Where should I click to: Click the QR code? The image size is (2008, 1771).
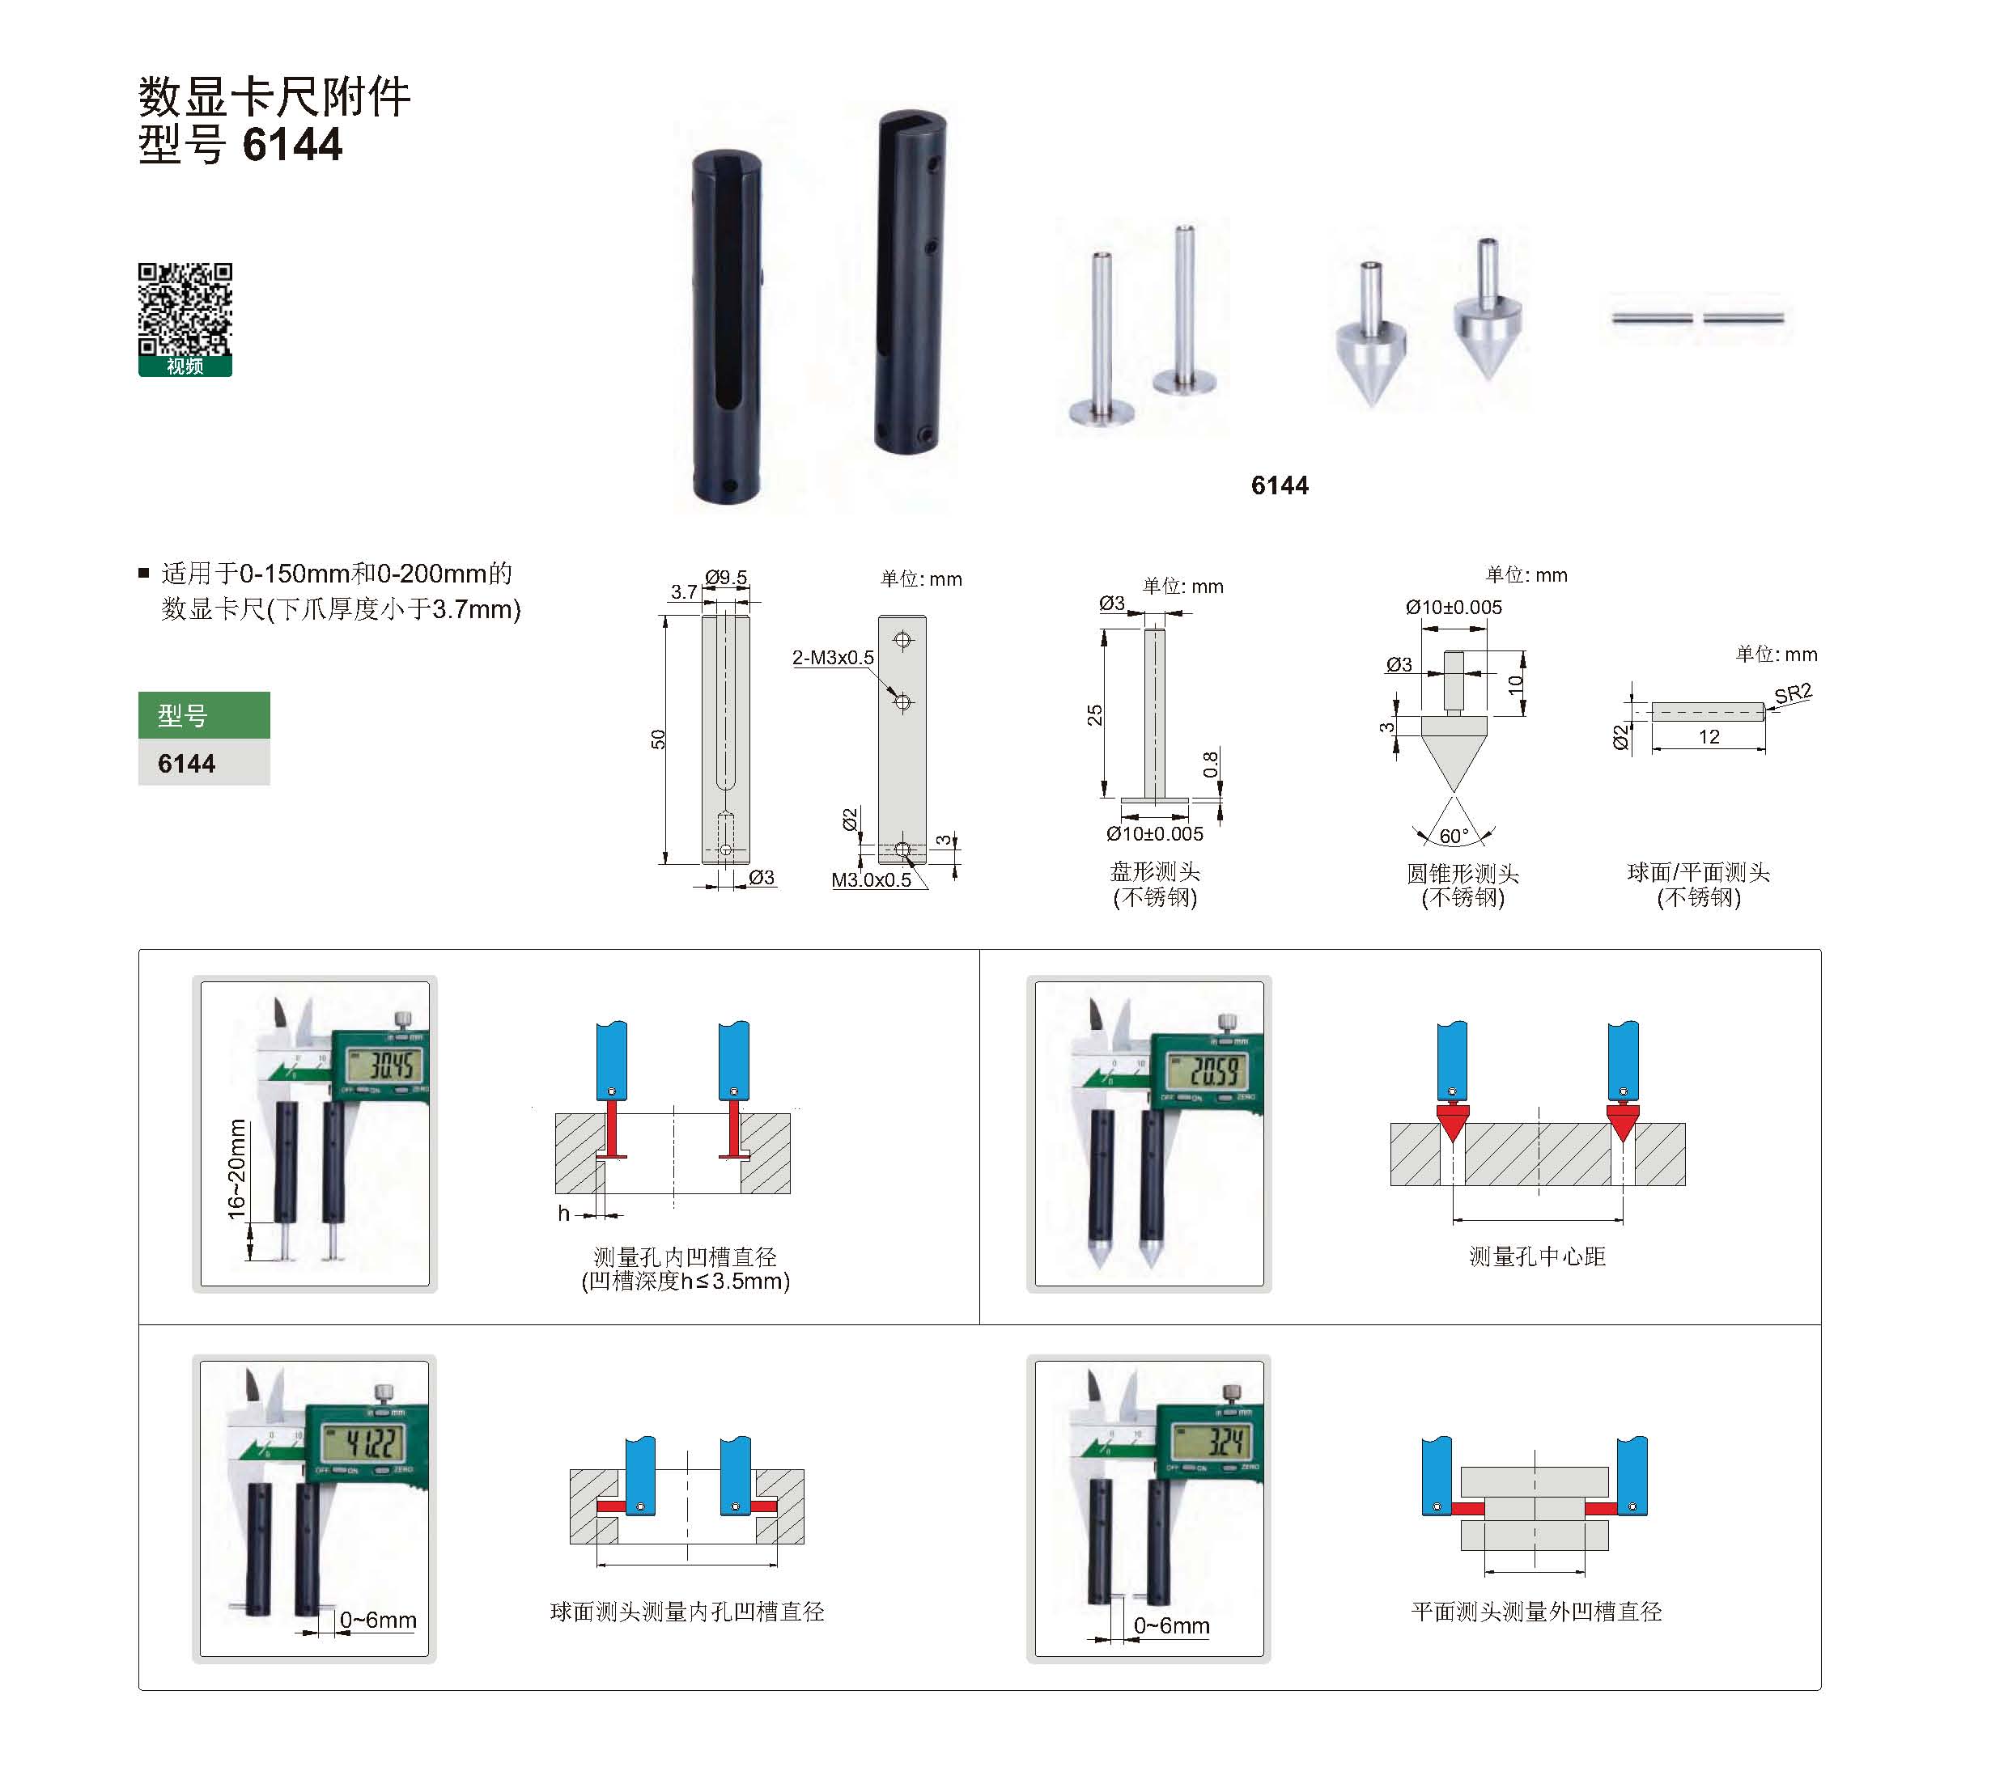[185, 308]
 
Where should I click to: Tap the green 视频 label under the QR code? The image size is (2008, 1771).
[185, 366]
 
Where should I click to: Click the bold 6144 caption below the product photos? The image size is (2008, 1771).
[1279, 485]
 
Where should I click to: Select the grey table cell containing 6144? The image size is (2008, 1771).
[203, 762]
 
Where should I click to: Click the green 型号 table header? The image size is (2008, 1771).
[203, 715]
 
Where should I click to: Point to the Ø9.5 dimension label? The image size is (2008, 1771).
[726, 578]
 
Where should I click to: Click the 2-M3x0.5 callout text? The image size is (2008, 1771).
[833, 657]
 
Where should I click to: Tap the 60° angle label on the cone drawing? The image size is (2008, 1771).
[1454, 836]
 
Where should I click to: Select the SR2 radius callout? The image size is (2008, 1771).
[1793, 694]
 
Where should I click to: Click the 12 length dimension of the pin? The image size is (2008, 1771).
[1709, 737]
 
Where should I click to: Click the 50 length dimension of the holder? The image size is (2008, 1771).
[658, 739]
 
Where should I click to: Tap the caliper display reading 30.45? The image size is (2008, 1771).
[384, 1064]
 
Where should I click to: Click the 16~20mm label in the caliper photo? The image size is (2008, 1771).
[237, 1169]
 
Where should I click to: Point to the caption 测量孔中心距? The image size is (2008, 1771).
[1536, 1256]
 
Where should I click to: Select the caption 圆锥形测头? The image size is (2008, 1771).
[1462, 873]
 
